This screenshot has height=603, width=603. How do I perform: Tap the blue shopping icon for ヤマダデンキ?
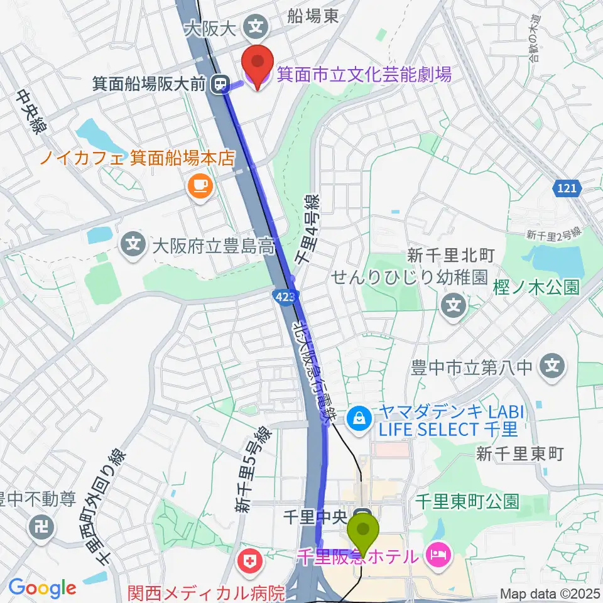[359, 416]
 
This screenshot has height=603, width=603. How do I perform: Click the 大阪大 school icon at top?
[256, 26]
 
